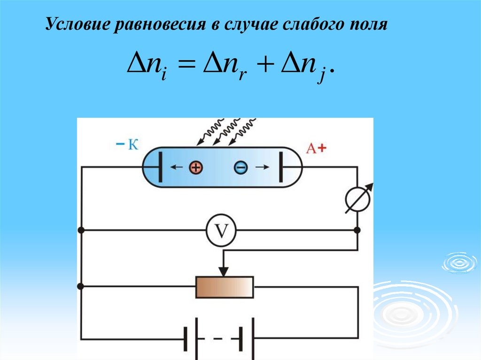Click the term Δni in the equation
pos(144,66)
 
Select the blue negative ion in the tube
pos(240,167)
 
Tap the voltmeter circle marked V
pos(221,231)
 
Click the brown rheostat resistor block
pos(225,286)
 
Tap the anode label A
pos(310,149)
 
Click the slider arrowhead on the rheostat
pos(224,271)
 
